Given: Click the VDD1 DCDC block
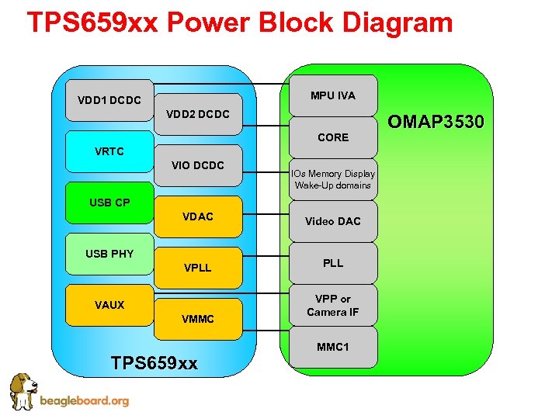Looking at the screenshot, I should (x=109, y=101).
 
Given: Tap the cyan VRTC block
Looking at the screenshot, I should (x=109, y=151).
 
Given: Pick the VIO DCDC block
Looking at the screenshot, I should (x=198, y=165).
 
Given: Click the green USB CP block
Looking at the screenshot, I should (x=109, y=203).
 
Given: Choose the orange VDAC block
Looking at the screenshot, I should (x=198, y=216).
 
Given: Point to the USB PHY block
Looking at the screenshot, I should (x=109, y=254).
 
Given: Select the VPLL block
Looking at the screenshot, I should (x=198, y=268).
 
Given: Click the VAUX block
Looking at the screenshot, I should (x=109, y=305).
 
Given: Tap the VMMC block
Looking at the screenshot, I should (x=198, y=319).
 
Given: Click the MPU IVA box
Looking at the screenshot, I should (x=333, y=95).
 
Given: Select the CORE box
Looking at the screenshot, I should (x=333, y=138).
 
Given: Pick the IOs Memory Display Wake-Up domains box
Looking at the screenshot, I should (x=333, y=180).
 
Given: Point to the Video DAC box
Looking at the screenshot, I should (x=333, y=221).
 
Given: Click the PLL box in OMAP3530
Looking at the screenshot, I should (x=333, y=263).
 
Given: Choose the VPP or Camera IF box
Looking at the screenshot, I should (x=333, y=305).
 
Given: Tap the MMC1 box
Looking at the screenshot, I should (x=333, y=347).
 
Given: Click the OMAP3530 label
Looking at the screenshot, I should (x=436, y=122).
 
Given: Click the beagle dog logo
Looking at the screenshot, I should (x=23, y=392).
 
